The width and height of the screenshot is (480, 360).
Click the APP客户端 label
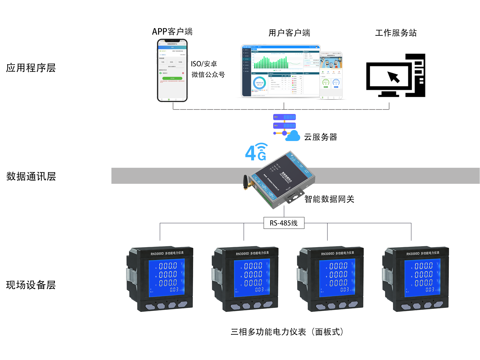172,32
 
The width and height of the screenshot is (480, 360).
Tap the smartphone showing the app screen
172,70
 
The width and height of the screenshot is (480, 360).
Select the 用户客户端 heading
289,33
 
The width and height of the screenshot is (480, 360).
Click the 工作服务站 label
396,33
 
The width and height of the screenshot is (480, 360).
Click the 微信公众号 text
208,75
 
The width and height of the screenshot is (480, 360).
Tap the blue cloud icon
293,136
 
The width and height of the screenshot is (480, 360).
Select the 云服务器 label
320,137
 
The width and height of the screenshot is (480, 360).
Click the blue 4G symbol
256,152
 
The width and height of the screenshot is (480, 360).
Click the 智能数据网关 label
329,199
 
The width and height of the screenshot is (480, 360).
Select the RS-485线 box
284,223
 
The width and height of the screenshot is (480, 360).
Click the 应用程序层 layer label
31,68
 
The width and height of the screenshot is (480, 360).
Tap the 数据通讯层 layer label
31,176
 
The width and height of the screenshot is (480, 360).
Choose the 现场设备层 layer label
31,285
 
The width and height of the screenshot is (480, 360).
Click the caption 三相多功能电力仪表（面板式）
287,332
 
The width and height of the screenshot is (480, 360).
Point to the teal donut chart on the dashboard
259,83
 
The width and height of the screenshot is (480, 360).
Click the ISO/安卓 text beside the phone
204,64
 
